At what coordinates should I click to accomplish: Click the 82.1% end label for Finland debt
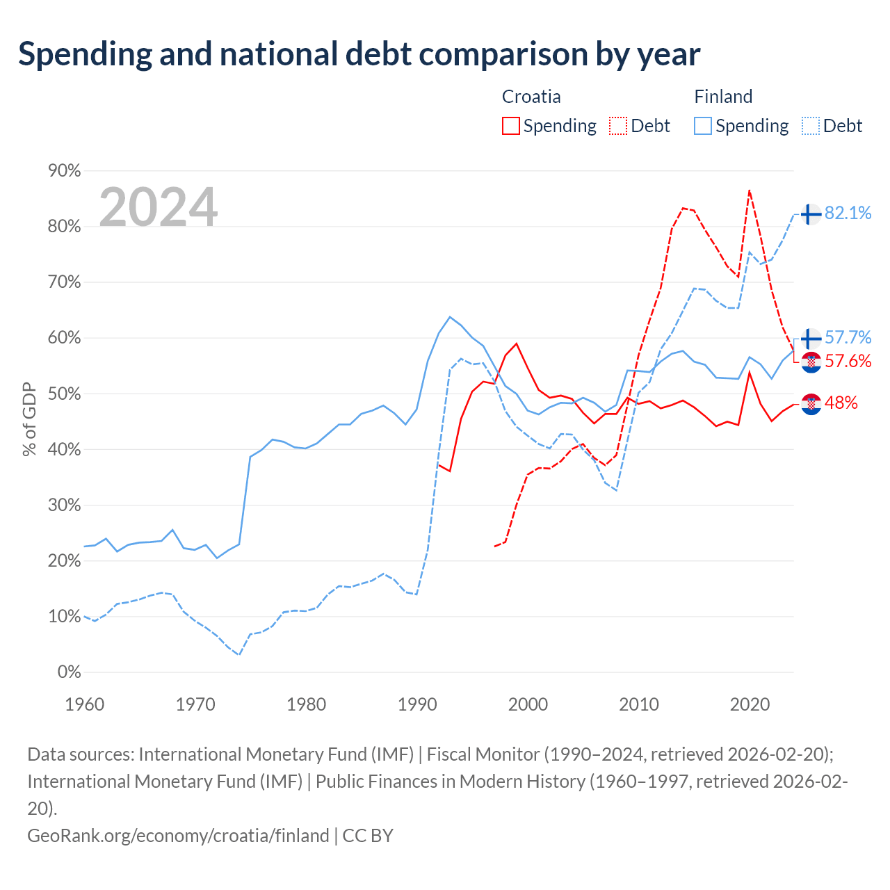[x=848, y=213]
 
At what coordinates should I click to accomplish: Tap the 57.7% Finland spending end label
[x=848, y=338]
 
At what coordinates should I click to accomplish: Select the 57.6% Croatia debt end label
[x=848, y=361]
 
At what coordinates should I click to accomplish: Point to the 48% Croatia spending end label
[x=841, y=403]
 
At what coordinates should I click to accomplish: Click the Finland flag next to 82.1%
[x=811, y=214]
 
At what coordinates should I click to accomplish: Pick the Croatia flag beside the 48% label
[x=811, y=404]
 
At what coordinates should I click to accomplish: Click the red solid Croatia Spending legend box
[x=510, y=126]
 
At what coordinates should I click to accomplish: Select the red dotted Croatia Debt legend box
[x=617, y=126]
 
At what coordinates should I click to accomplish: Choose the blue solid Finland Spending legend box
[x=702, y=126]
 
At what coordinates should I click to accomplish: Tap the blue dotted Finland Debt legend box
[x=810, y=126]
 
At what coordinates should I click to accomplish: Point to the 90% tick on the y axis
[x=64, y=171]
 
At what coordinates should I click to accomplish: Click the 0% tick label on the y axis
[x=69, y=672]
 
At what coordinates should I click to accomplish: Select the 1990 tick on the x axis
[x=417, y=705]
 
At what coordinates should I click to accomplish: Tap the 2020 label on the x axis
[x=749, y=705]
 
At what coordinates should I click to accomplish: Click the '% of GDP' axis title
[x=29, y=419]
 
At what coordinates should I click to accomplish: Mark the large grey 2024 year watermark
[x=158, y=207]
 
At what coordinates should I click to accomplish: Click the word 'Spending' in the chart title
[x=85, y=55]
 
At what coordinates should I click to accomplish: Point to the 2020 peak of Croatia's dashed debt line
[x=749, y=191]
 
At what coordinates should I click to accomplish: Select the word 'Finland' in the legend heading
[x=723, y=97]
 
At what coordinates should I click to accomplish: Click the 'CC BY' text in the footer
[x=368, y=836]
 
